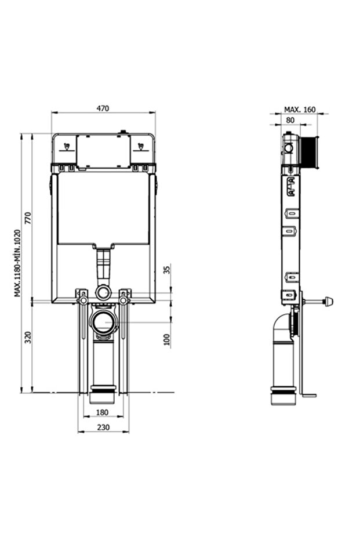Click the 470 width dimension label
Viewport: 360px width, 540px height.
point(103,108)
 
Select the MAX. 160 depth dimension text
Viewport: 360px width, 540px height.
point(299,109)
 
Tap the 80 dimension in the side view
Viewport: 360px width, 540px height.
point(290,120)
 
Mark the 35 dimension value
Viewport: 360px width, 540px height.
point(168,270)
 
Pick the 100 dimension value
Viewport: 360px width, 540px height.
point(168,340)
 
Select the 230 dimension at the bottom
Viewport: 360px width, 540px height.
point(103,427)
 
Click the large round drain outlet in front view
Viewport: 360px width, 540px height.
point(104,322)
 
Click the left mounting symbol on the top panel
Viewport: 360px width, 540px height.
point(67,146)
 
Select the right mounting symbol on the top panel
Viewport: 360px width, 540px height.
point(140,146)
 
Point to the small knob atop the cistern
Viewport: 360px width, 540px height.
point(122,132)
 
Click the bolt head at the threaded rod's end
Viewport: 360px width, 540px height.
point(330,301)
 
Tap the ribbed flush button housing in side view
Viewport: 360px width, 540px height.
point(311,151)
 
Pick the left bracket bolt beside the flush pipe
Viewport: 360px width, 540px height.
point(83,299)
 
